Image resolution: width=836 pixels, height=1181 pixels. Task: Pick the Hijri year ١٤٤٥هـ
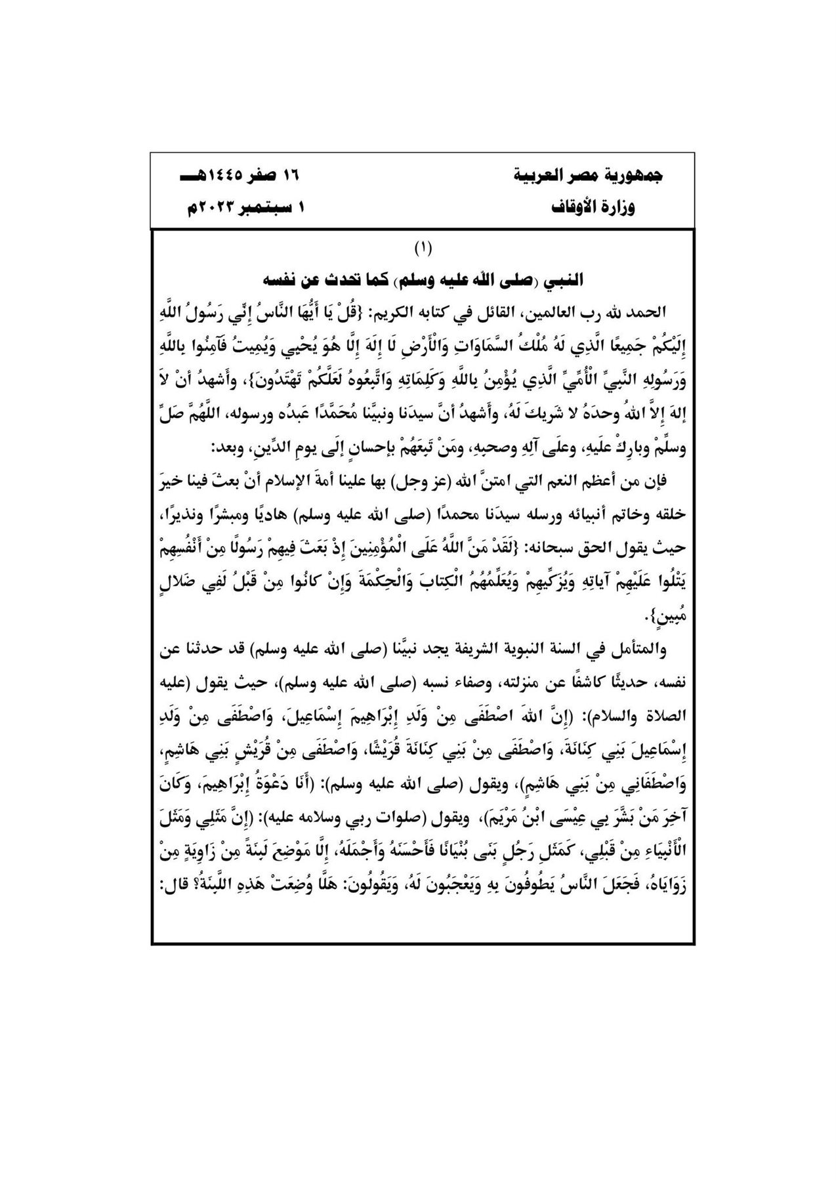(205, 176)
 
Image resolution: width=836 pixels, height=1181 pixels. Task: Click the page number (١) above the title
(423, 249)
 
